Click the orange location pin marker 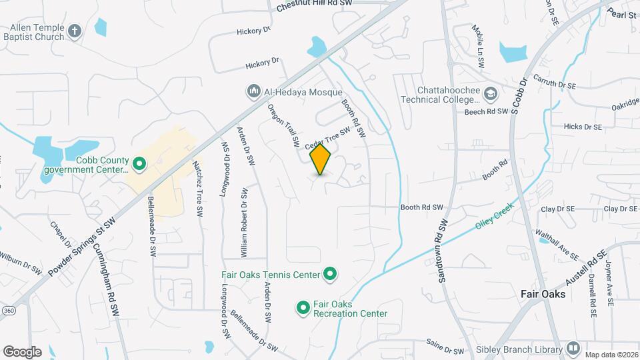pos(321,159)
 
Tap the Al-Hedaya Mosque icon pos(253,91)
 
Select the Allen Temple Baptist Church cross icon pos(75,30)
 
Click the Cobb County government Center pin pos(139,163)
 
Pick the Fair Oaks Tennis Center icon pos(329,273)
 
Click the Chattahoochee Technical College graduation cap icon pos(491,94)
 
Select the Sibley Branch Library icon pos(573,348)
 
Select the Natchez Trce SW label pos(197,189)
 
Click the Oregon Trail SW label pos(283,125)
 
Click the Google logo pos(22,351)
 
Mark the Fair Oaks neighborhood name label pos(543,294)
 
